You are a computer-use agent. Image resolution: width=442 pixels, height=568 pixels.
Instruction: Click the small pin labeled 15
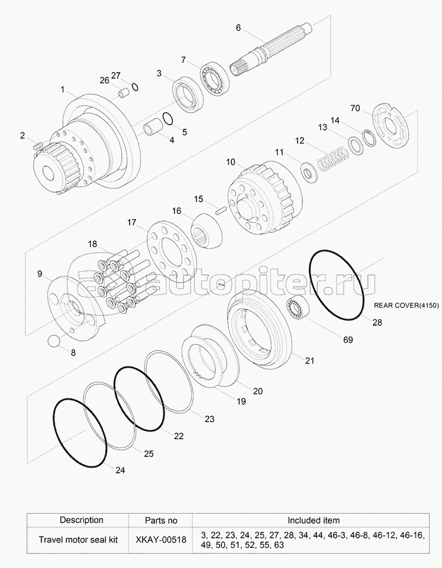click(221, 210)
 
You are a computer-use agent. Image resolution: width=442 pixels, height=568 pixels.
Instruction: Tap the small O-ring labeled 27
click(135, 87)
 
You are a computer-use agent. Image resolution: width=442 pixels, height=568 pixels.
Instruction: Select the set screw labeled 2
click(38, 146)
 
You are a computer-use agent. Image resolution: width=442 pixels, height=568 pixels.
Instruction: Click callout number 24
click(120, 470)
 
